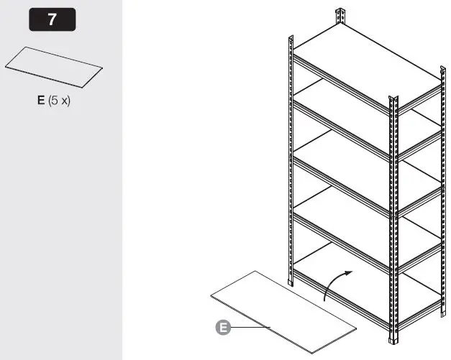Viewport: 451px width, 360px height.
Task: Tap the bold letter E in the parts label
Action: click(x=42, y=101)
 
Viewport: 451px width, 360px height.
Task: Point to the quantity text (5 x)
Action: click(x=60, y=101)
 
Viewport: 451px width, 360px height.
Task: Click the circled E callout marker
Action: click(x=223, y=328)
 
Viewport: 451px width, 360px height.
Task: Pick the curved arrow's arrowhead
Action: click(x=350, y=272)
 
